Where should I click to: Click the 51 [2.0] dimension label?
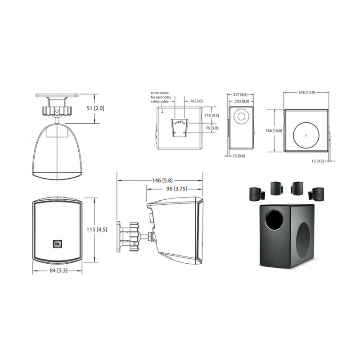[95, 108]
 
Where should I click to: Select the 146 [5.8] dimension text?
[162, 180]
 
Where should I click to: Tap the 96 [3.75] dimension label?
[176, 189]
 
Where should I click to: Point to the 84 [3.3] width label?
[58, 270]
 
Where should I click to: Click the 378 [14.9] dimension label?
[306, 93]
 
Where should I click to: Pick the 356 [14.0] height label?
[274, 130]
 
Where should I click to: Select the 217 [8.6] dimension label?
[240, 94]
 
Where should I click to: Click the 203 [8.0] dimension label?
[241, 101]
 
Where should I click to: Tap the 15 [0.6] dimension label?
[239, 156]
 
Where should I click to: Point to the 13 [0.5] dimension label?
[318, 161]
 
